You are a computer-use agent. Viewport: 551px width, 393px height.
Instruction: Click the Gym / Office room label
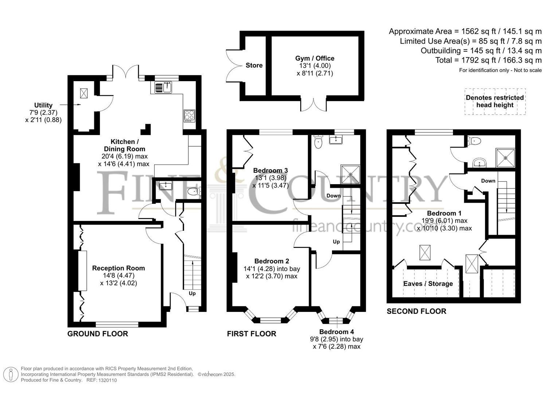[314, 59]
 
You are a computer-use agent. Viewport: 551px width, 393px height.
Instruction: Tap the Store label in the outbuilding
[254, 65]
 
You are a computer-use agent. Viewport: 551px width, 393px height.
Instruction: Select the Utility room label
[43, 105]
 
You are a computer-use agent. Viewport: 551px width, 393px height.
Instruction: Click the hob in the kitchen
[189, 116]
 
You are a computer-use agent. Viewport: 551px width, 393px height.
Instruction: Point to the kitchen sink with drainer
[163, 87]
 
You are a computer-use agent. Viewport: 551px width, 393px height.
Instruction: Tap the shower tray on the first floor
[351, 174]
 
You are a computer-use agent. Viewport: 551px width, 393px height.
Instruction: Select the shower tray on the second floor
[505, 158]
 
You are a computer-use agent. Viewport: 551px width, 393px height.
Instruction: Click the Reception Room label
[118, 268]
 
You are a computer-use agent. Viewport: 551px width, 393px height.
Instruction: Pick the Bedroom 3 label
[270, 170]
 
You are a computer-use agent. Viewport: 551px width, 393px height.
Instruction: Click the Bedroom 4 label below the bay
[336, 332]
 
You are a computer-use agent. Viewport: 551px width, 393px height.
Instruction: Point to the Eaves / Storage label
[428, 284]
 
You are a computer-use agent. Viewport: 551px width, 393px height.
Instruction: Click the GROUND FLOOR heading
[98, 334]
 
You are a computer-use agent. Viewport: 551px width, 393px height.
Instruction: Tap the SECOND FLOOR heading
[417, 311]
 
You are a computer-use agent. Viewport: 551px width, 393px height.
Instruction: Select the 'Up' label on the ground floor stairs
[192, 293]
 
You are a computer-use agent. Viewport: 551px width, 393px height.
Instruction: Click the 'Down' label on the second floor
[488, 181]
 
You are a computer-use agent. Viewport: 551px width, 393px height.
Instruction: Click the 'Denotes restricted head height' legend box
[495, 102]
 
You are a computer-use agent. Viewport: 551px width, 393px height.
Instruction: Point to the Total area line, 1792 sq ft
[489, 60]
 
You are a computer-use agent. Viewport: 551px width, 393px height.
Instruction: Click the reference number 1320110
[108, 380]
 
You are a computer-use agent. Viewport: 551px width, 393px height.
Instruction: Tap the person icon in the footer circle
[11, 375]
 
